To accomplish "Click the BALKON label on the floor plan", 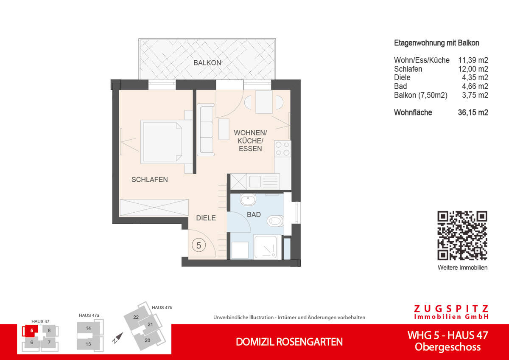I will tap(207, 63).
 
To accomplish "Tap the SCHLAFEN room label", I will tap(149, 180).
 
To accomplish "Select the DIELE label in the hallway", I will tap(206, 218).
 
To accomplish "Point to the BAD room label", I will tap(254, 215).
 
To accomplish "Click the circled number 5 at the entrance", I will tap(199, 245).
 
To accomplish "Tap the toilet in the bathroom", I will tap(275, 221).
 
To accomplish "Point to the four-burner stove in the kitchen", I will tap(283, 149).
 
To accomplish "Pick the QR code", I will tap(462, 236).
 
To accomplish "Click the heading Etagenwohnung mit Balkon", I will tap(436, 43).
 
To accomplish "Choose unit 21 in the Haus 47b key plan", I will tap(150, 325).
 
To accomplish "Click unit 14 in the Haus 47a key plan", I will tap(88, 328).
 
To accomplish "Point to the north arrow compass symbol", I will tap(117, 337).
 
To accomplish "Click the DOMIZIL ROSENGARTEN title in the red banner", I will tap(289, 342).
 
